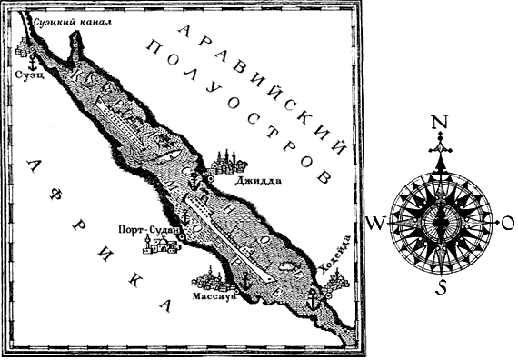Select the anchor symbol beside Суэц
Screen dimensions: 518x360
pos(31,64)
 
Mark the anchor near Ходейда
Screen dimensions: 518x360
pos(311,297)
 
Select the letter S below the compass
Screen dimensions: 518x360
pos(442,289)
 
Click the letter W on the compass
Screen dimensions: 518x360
pos(374,223)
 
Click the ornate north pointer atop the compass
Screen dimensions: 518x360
pos(441,145)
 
